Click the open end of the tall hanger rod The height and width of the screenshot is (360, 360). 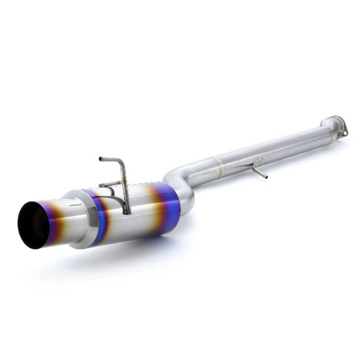[101, 159]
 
